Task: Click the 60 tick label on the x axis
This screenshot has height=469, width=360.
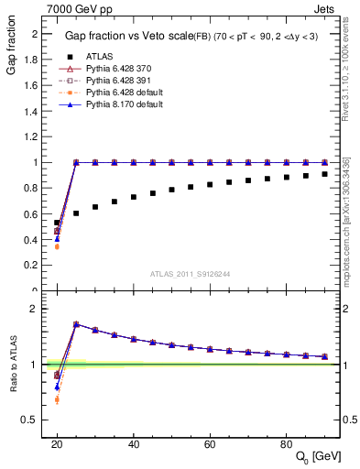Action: pyautogui.click(x=210, y=443)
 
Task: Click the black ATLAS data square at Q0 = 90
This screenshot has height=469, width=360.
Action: pyautogui.click(x=325, y=174)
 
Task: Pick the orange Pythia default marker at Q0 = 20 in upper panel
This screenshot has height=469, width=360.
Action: pyautogui.click(x=57, y=246)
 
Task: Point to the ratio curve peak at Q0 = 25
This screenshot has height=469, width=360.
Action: pyautogui.click(x=76, y=324)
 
